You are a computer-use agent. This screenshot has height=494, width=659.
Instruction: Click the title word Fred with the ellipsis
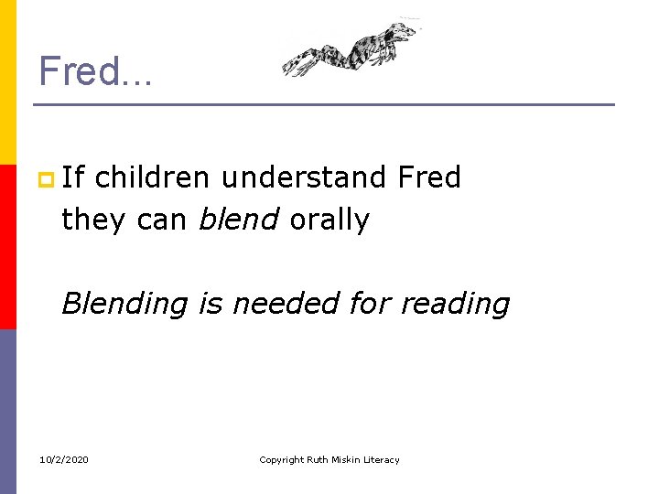(96, 70)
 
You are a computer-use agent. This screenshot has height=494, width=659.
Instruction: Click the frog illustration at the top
(352, 51)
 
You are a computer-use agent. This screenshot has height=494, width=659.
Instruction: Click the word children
(152, 177)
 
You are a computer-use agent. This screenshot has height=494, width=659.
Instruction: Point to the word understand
(305, 177)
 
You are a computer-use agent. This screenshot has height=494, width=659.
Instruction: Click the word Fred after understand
(429, 177)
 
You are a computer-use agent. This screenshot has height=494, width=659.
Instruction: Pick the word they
(91, 220)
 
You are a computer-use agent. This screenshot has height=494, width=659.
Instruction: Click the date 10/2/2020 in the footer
(64, 459)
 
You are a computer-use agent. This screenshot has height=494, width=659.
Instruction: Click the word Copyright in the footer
(281, 459)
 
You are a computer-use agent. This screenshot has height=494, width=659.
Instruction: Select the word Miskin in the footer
(347, 459)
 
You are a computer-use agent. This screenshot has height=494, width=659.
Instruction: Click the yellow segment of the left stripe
(7, 82)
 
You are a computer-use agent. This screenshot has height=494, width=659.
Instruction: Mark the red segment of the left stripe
(7, 247)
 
